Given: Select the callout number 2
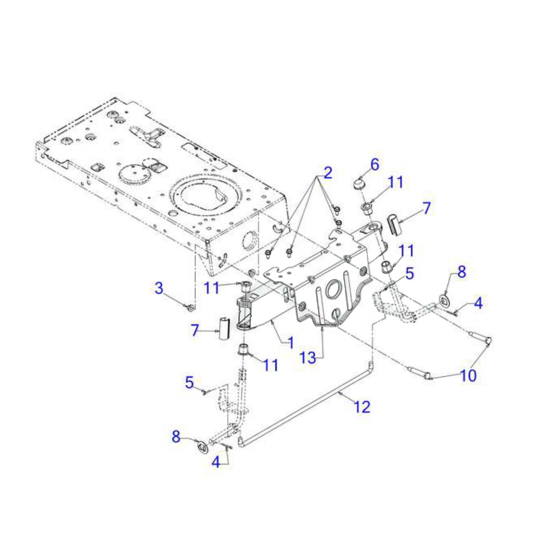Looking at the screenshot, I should tap(327, 174).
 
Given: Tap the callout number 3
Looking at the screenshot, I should tap(159, 288).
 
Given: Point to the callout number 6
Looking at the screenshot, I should tap(374, 164).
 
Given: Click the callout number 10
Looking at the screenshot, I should tap(468, 376).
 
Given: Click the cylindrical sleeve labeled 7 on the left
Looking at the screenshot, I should tap(223, 329).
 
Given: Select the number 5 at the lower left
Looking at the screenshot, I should tap(189, 382).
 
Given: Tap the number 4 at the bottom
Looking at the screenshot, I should tap(216, 462).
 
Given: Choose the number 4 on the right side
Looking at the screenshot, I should tap(478, 303).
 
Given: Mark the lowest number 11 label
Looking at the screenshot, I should tap(271, 365).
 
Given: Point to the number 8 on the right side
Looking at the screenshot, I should tap(461, 271).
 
